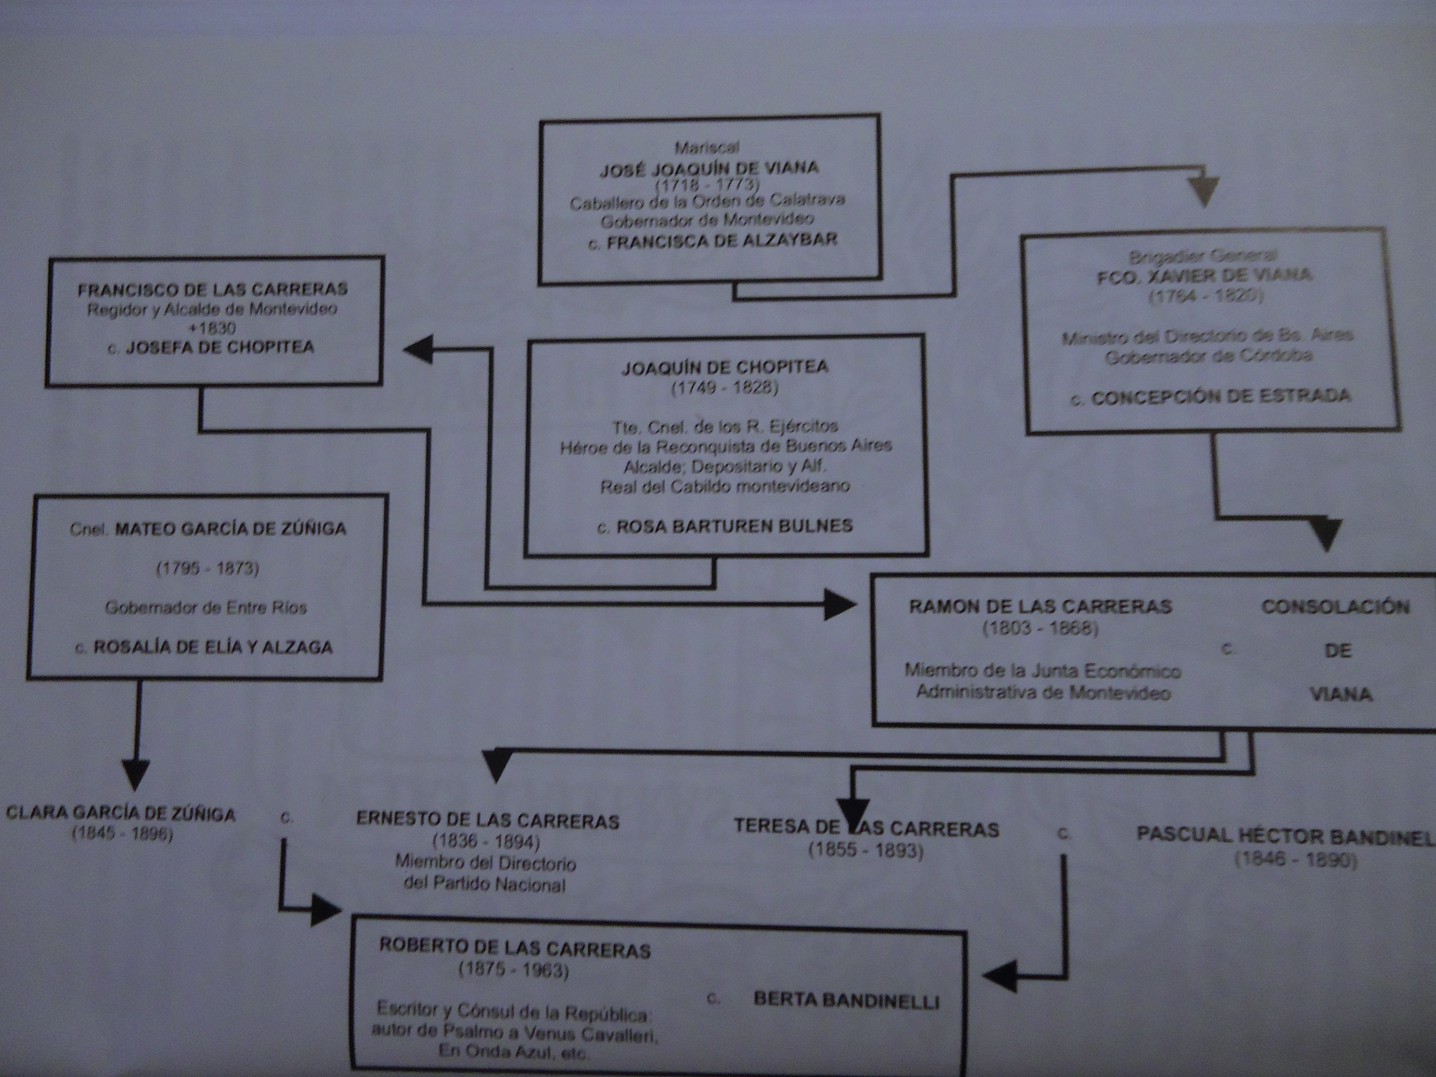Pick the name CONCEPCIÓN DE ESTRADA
point(1221,397)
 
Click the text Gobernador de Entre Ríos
point(206,608)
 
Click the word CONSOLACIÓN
point(1335,607)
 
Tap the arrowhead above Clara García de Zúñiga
point(136,775)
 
